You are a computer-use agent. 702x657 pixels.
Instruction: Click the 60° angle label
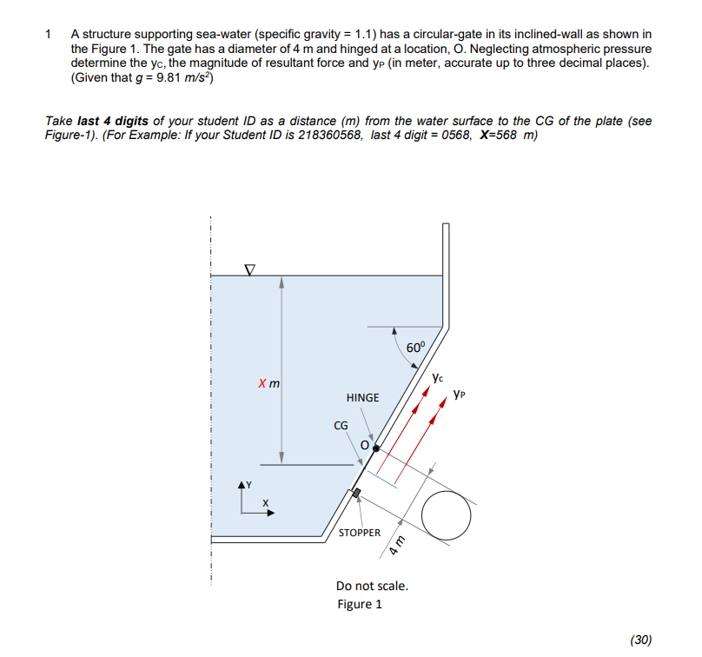[417, 348]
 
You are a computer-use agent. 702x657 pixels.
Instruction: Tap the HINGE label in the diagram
[362, 397]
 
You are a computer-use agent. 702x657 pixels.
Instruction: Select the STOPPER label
[359, 532]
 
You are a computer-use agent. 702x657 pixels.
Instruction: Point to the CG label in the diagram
[341, 425]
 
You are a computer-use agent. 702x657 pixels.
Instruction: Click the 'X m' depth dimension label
[267, 383]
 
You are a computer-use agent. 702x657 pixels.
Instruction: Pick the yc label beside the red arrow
[437, 378]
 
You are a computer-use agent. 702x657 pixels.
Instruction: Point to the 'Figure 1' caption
[360, 604]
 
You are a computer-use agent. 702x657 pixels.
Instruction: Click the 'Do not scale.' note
[372, 585]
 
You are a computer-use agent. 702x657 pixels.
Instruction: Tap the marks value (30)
[639, 640]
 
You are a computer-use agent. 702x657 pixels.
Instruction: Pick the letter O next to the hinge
[365, 445]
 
